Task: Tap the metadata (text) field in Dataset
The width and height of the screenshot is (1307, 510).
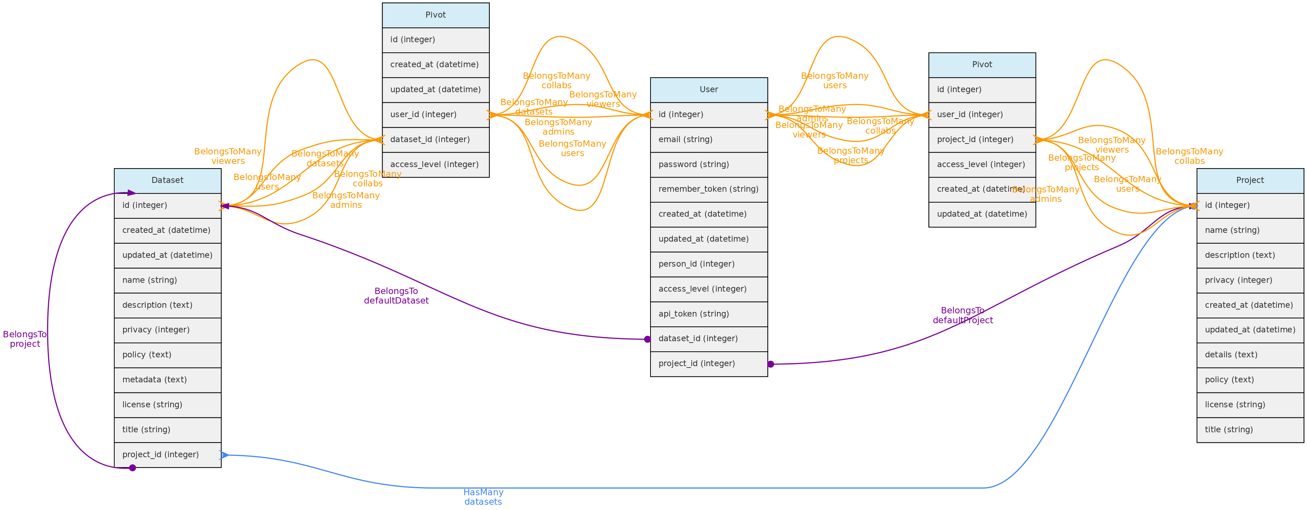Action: [x=167, y=380]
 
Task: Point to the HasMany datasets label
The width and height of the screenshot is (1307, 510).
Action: [x=483, y=497]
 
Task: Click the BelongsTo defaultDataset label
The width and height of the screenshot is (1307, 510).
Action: [x=396, y=296]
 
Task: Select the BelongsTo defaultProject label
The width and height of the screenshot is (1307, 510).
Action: [x=962, y=315]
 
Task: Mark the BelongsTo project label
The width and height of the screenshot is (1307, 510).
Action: [x=25, y=339]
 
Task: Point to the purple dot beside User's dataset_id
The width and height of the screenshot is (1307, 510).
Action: [x=647, y=339]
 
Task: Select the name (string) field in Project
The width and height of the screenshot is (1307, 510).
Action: [x=1250, y=230]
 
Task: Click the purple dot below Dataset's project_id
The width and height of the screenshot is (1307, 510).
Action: [x=133, y=468]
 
